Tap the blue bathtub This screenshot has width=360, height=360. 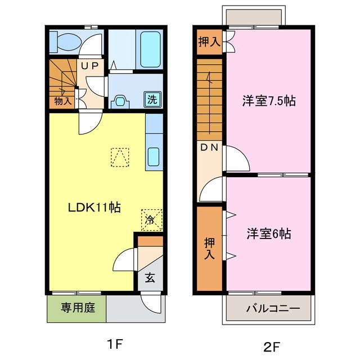click(x=150, y=51)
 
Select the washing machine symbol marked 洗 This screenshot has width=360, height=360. click(x=152, y=98)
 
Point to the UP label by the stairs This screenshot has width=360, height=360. click(x=91, y=66)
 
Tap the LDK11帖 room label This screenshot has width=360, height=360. click(x=94, y=207)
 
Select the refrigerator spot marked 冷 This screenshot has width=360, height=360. click(x=150, y=219)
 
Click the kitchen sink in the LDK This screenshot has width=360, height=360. click(x=154, y=156)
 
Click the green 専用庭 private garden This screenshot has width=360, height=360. click(x=76, y=308)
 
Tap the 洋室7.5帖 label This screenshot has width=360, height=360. click(x=269, y=101)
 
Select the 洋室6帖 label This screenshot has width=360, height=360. click(x=268, y=234)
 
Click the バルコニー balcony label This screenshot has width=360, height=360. click(x=268, y=309)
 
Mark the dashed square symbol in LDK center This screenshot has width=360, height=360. click(x=120, y=157)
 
